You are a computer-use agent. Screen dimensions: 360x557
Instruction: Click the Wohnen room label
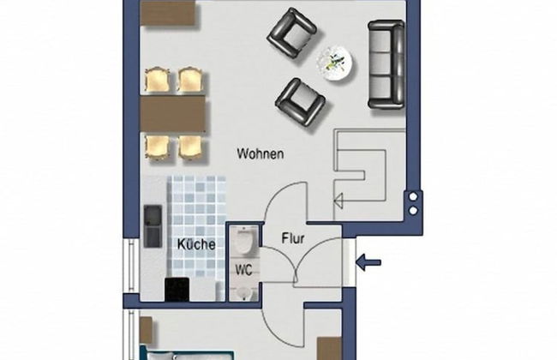(x=260, y=154)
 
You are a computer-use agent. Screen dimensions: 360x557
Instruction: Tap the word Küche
(x=196, y=244)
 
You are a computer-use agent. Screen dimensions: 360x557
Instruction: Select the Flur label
(x=294, y=240)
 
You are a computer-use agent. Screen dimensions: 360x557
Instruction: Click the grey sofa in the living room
(x=386, y=65)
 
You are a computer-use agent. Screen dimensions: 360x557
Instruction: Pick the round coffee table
(x=335, y=63)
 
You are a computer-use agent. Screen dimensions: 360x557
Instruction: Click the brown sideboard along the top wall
(x=170, y=12)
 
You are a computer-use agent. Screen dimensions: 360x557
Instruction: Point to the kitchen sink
(x=153, y=225)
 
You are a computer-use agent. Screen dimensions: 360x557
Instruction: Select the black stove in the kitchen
(x=177, y=291)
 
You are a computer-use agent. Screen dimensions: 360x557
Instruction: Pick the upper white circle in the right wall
(x=413, y=196)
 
